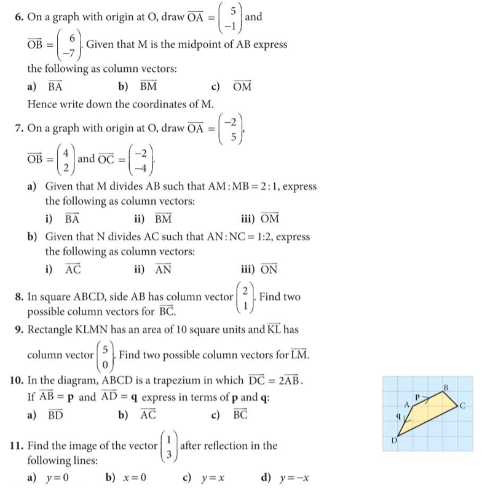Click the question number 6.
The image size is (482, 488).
[18, 18]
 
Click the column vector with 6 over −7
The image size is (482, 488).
[70, 45]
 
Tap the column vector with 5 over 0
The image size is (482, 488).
[106, 355]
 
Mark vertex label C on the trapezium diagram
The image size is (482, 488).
[470, 405]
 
